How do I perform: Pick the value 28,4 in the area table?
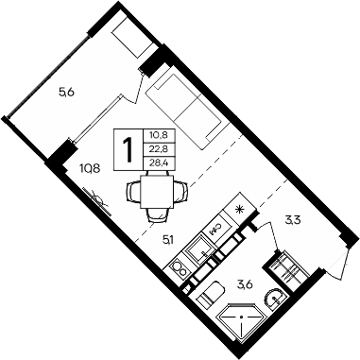pyautogui.click(x=154, y=163)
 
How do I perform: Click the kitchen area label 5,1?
pyautogui.click(x=168, y=239)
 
